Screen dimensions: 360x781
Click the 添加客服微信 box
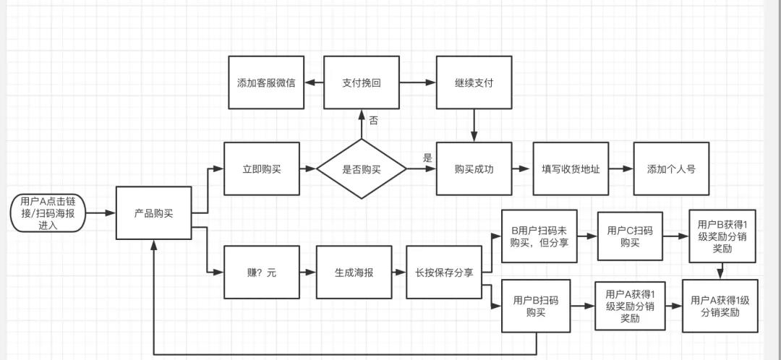266,82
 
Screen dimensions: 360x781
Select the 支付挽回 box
361,82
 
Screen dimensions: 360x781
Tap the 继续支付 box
474,82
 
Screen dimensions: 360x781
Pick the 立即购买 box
262,169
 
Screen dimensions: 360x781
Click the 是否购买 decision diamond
361,170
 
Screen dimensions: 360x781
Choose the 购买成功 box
474,169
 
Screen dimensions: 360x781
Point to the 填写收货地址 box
571,169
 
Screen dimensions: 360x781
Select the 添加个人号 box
671,169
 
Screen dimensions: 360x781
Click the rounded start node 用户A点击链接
47,213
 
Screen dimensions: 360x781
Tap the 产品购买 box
153,213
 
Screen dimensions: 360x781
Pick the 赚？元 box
262,273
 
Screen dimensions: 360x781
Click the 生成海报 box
354,273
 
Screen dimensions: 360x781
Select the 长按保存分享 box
444,273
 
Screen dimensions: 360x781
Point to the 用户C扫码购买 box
629,236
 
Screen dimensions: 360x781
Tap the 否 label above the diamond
374,121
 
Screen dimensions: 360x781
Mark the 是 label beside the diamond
427,158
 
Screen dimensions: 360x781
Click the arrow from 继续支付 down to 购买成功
474,125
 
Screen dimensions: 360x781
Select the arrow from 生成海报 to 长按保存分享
398,273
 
